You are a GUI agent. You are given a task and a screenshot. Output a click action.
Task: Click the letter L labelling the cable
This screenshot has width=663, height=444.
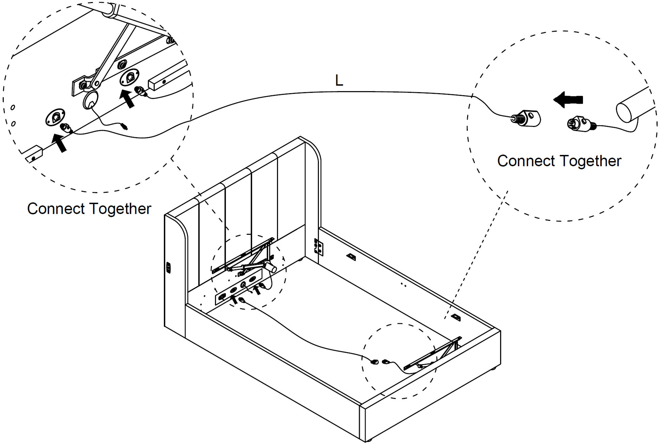339,81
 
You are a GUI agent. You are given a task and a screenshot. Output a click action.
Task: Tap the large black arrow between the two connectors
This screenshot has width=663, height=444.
568,100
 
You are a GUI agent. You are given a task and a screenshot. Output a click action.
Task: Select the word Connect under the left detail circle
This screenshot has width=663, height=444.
56,209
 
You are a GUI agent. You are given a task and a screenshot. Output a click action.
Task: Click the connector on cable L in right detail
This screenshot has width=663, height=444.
527,118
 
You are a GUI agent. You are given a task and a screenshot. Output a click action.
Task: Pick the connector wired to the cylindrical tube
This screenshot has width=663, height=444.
580,124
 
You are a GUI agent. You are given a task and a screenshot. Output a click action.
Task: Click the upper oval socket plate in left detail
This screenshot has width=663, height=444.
129,78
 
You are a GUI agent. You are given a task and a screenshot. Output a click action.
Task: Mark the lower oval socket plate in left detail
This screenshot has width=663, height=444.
55,118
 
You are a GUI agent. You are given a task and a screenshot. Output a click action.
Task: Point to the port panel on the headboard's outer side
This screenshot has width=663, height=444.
168,268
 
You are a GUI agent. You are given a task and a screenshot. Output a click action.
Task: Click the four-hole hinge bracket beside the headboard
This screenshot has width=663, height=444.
318,247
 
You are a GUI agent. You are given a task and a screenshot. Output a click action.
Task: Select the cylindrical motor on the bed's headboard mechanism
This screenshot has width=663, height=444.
271,267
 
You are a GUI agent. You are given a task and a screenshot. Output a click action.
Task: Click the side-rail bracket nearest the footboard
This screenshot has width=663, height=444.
456,317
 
